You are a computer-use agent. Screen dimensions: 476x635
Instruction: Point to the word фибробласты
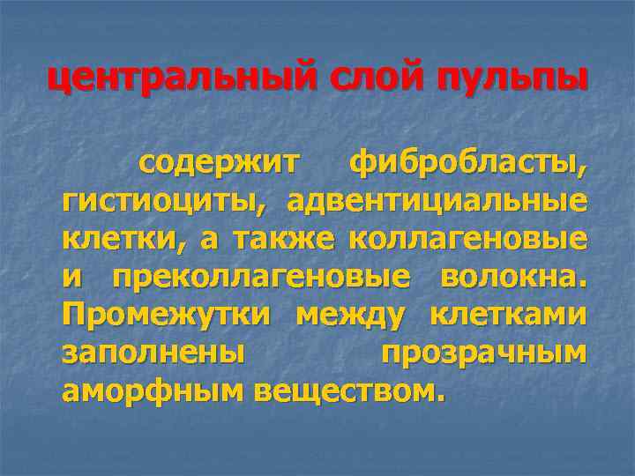(x=468, y=163)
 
